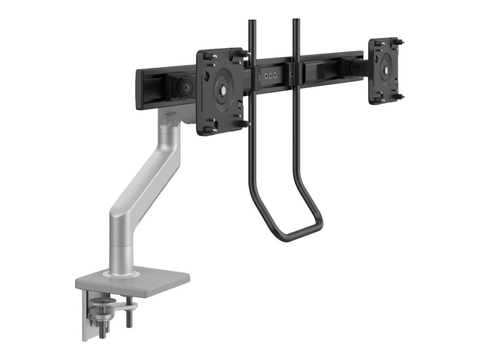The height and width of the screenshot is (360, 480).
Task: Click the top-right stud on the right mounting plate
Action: point(401,42)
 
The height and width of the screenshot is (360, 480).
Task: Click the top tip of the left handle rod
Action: point(252,22)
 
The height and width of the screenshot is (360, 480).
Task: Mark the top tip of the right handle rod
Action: point(296,21)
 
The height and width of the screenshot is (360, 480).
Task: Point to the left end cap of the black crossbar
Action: point(139,90)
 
